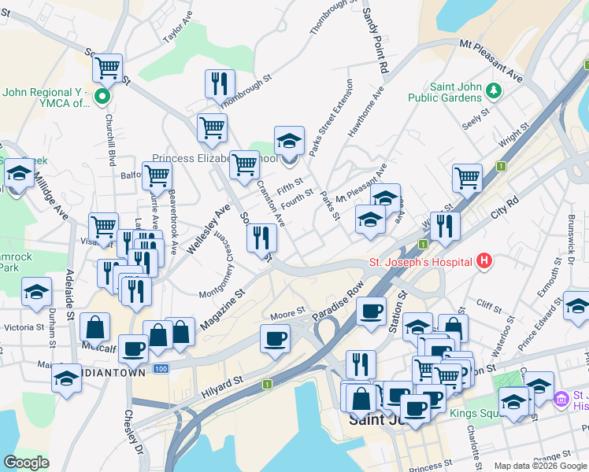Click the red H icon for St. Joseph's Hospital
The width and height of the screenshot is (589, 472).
(x=484, y=261)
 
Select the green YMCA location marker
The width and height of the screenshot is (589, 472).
(x=102, y=98)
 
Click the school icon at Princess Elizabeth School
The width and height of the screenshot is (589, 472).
(x=289, y=142)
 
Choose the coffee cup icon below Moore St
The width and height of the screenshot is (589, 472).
(x=275, y=339)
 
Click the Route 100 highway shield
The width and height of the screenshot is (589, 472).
(x=161, y=368)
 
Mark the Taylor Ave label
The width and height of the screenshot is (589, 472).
(x=177, y=27)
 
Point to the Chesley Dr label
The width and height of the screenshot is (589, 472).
(x=132, y=440)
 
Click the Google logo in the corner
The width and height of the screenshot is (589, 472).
(x=27, y=462)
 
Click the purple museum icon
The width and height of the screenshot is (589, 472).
(x=561, y=400)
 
